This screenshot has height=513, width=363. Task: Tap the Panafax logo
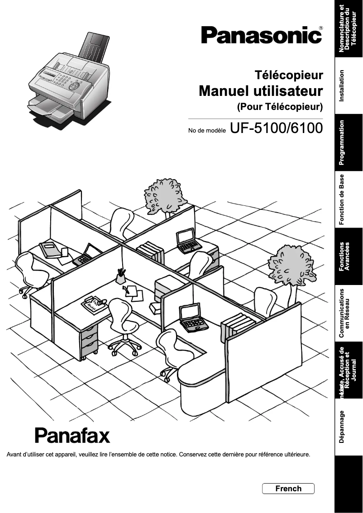[72, 435]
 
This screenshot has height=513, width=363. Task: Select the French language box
[288, 489]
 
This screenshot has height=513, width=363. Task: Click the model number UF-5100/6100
[276, 128]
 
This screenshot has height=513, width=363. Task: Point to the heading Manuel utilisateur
[261, 91]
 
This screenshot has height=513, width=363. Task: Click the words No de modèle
[207, 131]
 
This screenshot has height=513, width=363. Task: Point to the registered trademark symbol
[321, 28]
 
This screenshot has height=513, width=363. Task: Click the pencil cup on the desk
[121, 276]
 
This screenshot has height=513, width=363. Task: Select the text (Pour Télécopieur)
[280, 107]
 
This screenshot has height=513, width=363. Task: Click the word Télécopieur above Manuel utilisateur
[289, 75]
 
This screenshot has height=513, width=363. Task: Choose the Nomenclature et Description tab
[349, 28]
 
